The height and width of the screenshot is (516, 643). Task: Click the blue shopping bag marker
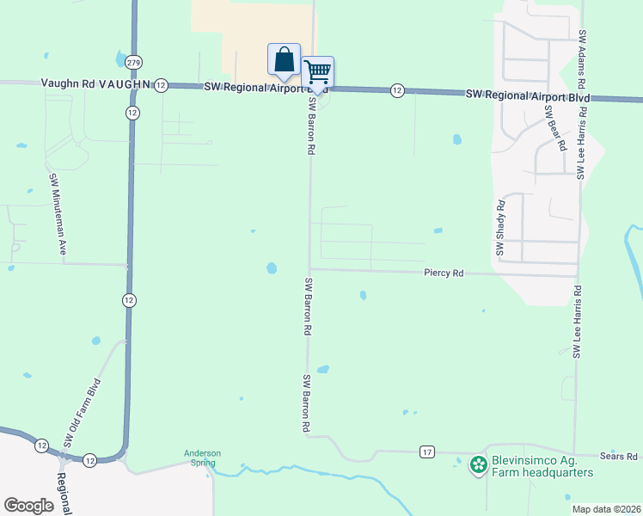point(284,60)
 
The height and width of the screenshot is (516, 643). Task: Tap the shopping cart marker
point(318,72)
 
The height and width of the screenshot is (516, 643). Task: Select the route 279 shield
point(132,62)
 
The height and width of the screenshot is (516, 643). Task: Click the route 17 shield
point(427,451)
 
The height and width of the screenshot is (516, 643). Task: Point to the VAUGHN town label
point(125,84)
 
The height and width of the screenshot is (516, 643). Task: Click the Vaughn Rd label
point(68,83)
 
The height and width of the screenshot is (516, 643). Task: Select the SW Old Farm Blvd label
point(83,413)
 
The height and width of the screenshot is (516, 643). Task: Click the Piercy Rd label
point(444,273)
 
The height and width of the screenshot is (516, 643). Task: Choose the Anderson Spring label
point(203,458)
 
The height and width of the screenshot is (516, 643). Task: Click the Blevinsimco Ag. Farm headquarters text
point(542,466)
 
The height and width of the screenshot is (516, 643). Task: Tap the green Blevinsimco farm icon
point(478,465)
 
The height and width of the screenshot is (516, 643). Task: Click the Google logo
point(28,506)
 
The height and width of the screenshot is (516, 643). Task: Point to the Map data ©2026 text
point(606,509)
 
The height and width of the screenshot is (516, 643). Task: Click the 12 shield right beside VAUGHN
point(161,85)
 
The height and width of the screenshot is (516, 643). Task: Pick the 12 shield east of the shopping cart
point(396,90)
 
